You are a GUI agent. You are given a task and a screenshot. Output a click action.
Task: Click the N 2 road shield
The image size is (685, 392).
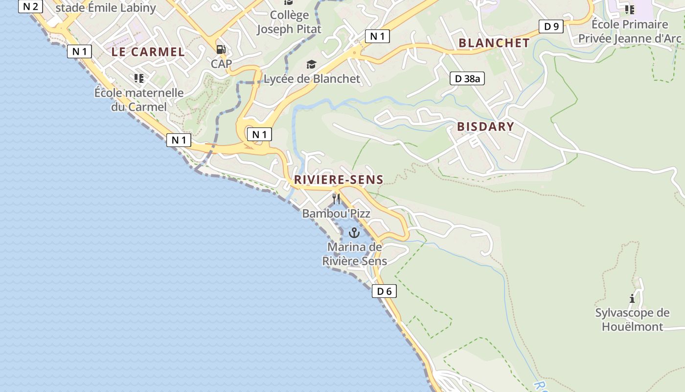click(x=30, y=6)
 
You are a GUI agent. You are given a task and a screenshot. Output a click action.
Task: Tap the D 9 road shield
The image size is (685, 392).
click(x=551, y=26)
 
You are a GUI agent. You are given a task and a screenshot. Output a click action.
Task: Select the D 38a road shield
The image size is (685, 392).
click(x=467, y=78)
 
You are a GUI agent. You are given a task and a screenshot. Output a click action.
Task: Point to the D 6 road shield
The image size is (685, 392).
click(x=384, y=292)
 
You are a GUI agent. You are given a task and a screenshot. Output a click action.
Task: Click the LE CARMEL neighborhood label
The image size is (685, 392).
click(x=148, y=52)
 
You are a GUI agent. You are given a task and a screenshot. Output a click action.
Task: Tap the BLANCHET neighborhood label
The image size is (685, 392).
click(x=494, y=43)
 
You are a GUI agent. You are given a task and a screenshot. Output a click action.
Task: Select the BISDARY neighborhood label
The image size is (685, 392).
click(x=485, y=127)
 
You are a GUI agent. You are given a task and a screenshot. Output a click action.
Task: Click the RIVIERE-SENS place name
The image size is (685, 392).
click(x=339, y=180)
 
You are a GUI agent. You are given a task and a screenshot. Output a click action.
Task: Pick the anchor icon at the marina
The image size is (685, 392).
click(x=354, y=233)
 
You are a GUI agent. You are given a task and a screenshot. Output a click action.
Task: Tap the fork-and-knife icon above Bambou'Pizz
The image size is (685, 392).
click(x=336, y=198)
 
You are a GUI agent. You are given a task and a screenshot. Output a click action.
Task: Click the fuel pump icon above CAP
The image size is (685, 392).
click(x=221, y=49)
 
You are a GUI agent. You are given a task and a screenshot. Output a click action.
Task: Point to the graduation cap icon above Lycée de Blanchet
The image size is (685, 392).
click(x=311, y=65)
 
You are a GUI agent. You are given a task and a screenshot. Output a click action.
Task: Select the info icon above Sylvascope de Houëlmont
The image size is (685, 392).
click(x=632, y=298)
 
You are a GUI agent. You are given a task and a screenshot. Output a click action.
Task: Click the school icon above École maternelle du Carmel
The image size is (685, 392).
click(x=139, y=78)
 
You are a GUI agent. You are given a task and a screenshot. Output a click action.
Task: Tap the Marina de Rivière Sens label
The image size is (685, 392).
click(x=354, y=254)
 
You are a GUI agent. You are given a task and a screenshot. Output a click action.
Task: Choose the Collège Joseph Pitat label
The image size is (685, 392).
click(x=289, y=22)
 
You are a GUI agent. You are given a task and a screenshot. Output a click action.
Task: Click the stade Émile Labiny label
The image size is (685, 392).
click(x=106, y=8)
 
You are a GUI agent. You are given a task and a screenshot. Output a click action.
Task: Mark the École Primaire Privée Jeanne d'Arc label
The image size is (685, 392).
click(x=630, y=31)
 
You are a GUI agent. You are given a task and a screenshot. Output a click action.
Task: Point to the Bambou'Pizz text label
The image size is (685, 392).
click(x=336, y=214)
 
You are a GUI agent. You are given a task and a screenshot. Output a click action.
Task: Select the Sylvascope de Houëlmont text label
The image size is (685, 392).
click(x=632, y=319)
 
